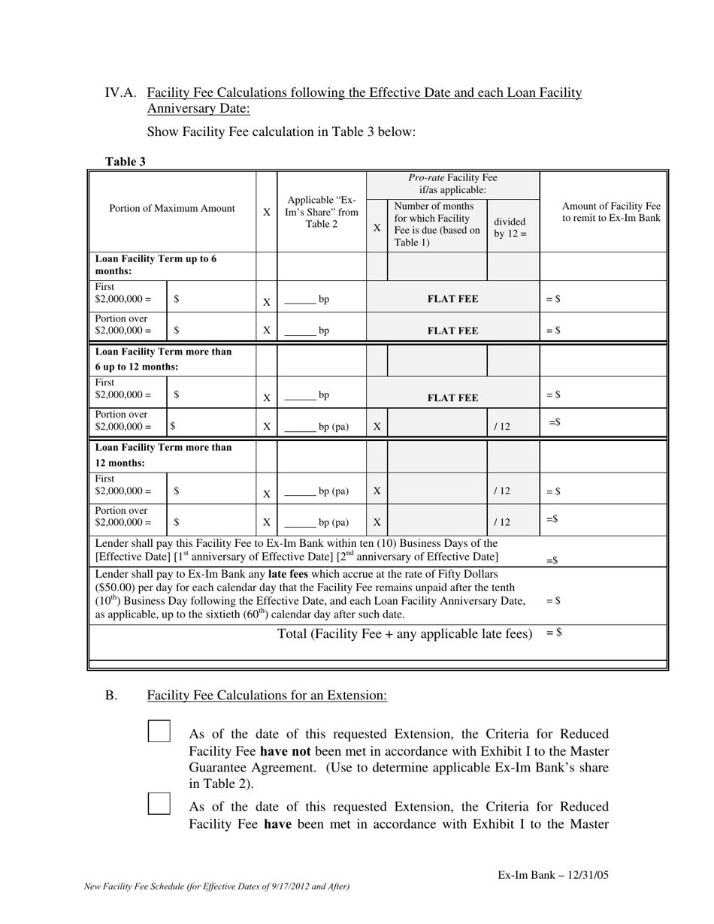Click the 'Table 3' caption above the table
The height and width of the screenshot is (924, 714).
[x=126, y=162]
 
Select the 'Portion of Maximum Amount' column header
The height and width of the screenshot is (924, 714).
[x=171, y=209]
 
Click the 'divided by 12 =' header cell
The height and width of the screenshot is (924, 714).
[x=510, y=228]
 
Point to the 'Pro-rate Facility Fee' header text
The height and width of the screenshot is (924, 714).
[x=452, y=184]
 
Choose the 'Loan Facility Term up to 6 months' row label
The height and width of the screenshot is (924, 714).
[x=156, y=264]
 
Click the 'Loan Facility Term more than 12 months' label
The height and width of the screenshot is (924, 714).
[x=163, y=455]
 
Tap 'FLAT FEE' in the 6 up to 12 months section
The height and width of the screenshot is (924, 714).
[x=452, y=398]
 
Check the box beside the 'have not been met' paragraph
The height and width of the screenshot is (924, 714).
[x=159, y=732]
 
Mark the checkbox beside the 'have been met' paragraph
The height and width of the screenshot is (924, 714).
[x=159, y=805]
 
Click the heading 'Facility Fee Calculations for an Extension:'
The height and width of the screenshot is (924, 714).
[x=267, y=696]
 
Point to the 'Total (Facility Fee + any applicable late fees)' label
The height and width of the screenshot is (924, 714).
[x=404, y=634]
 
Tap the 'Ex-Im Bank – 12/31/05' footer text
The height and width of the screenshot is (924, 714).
[x=552, y=875]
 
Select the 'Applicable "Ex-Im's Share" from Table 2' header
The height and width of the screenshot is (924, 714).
[x=322, y=212]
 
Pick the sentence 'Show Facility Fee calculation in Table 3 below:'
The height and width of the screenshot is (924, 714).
[x=281, y=132]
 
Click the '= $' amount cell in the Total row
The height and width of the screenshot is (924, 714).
[x=554, y=633]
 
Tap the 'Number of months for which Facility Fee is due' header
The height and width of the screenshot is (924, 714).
[x=437, y=224]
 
